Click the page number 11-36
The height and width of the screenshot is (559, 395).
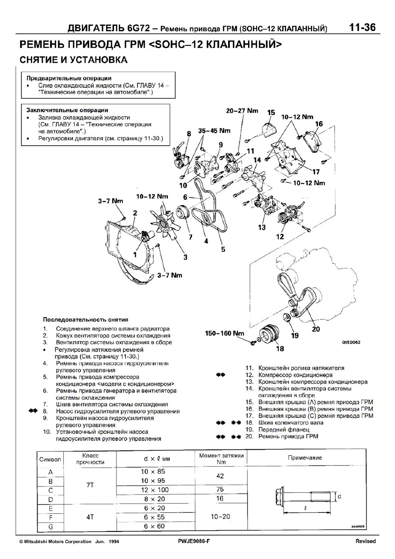pos(362,28)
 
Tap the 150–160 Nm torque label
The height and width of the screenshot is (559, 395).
pos(224,333)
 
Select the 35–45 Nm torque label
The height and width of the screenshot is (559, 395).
pos(214,131)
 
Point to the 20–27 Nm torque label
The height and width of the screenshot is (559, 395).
pos(242,111)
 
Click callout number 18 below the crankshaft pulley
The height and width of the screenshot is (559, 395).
pos(280,349)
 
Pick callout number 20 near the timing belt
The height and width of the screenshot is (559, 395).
pos(316,329)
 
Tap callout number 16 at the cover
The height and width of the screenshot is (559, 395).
pos(319,124)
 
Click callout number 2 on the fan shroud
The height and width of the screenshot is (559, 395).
pos(135,213)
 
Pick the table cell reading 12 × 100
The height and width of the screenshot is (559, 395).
pos(155,490)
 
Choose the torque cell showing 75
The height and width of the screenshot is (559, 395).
pos(220,489)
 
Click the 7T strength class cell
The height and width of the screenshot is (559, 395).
pos(90,485)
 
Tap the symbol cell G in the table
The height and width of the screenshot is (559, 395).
pos(51,526)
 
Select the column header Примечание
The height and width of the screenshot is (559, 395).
pos(305,458)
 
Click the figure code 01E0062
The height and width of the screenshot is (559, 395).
pos(351,342)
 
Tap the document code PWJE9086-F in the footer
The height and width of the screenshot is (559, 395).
pos(191,541)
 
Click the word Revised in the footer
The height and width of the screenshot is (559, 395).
pos(365,541)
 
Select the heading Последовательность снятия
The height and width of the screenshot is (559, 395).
pos(86,319)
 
